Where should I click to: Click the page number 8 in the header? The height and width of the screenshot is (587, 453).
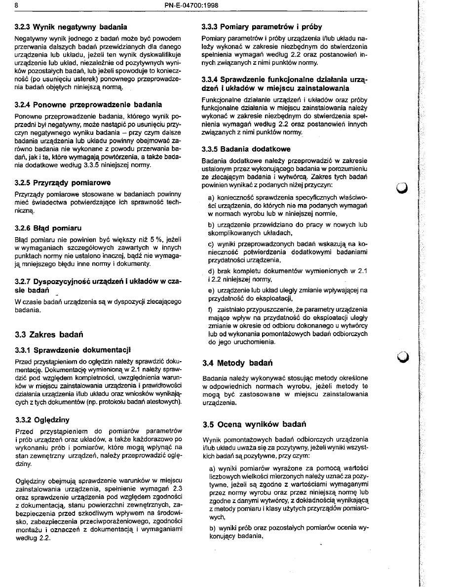tap(16, 5)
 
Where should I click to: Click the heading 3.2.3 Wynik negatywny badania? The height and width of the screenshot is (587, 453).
tap(71, 26)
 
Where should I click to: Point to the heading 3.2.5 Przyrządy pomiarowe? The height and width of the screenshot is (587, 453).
tap(63, 182)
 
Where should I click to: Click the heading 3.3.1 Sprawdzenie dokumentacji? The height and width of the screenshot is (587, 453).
tap(73, 351)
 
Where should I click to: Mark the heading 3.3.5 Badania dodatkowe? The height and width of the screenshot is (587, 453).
tap(246, 149)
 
